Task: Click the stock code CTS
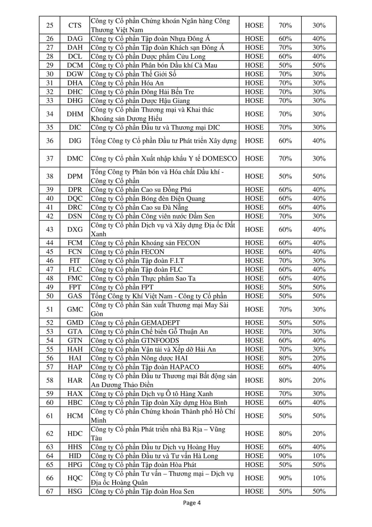point(75,25)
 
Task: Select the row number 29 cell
point(50,65)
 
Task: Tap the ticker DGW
point(75,74)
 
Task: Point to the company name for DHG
point(140,101)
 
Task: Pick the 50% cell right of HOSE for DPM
point(285,176)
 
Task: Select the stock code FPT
point(75,287)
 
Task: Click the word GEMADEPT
point(161,323)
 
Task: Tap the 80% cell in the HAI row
point(285,358)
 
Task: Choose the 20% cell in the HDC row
point(319,434)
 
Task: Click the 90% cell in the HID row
point(285,456)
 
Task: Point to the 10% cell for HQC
point(319,478)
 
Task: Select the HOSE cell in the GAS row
point(254,296)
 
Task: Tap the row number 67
point(50,491)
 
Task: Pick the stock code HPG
point(75,465)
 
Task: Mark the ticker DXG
point(75,230)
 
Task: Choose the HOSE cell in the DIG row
point(254,141)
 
